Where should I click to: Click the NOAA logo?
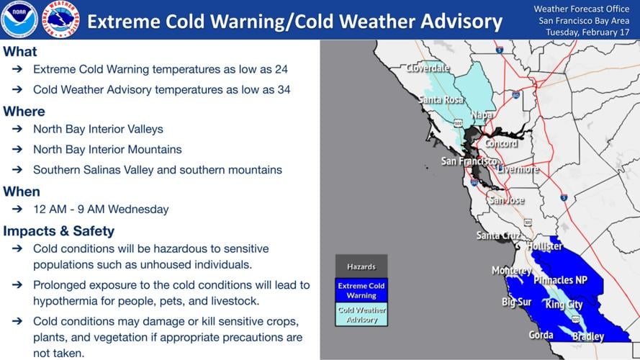point(19,19)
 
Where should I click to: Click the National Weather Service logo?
point(61,19)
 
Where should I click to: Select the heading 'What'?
point(20,52)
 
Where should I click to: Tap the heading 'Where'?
point(24,112)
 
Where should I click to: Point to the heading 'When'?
point(22,192)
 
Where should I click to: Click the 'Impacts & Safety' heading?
point(58,231)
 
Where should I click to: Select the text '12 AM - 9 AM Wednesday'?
point(101,210)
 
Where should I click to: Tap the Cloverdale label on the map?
point(428,68)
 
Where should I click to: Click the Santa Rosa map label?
point(441,99)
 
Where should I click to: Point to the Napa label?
point(482,115)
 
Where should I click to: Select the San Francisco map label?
point(469,161)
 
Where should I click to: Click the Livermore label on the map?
point(517,170)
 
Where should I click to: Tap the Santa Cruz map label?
point(497,235)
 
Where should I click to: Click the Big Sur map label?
point(516,302)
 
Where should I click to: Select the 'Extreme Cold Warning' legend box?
point(361,290)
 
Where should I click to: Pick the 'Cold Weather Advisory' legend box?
point(361,315)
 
